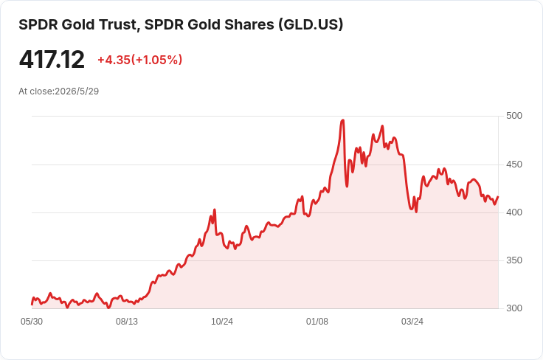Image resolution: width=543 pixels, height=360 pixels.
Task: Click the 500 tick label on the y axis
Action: coord(514,116)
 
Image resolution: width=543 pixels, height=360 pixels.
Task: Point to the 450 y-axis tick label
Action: coord(514,164)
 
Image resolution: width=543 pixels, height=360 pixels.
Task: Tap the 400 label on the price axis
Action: coord(514,212)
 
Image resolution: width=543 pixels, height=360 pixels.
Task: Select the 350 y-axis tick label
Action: coord(514,260)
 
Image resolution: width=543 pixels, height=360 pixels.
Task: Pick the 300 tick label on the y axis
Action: coord(514,308)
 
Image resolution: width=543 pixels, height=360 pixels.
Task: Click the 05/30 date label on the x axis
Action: coord(32,322)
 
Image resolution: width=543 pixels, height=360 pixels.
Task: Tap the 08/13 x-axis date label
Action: coord(127,322)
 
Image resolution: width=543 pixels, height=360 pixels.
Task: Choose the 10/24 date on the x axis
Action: coord(222,322)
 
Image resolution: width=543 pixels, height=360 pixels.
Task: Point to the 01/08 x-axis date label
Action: coord(317,322)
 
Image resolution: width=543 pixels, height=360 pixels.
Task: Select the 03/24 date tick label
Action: coord(412,322)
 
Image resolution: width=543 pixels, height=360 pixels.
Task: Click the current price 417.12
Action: coord(52,60)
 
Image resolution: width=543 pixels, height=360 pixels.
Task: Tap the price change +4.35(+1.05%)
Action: coord(140,60)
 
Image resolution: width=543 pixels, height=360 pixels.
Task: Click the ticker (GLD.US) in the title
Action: coord(311,25)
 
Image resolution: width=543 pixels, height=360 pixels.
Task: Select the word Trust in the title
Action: coord(120,25)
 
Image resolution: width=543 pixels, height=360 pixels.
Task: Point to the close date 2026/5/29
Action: coord(77,91)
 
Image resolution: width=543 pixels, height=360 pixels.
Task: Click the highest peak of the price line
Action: coord(343,120)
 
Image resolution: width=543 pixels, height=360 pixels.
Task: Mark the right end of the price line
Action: coord(498,197)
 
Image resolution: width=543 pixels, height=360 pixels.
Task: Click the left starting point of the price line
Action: coord(32,305)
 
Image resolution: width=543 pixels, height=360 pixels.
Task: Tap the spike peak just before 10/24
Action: coord(215,210)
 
